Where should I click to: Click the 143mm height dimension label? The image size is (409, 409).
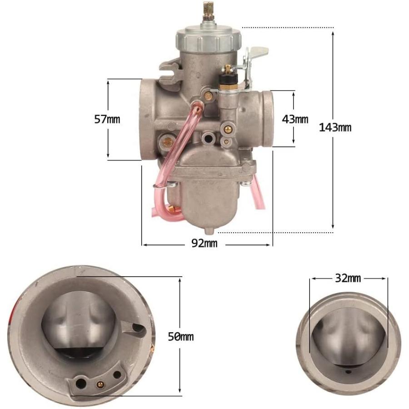pos(335,127)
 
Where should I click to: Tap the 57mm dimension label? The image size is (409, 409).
pos(107,119)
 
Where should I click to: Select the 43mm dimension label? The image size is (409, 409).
pos(295,119)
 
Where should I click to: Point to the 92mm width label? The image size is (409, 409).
pos(204,243)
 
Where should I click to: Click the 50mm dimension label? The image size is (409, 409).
pos(181,336)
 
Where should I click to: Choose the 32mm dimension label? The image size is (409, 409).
pos(348,278)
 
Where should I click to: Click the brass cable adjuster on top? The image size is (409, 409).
pos(208,11)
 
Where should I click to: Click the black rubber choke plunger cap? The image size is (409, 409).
pos(229,78)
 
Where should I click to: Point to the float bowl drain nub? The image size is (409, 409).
pos(209,230)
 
